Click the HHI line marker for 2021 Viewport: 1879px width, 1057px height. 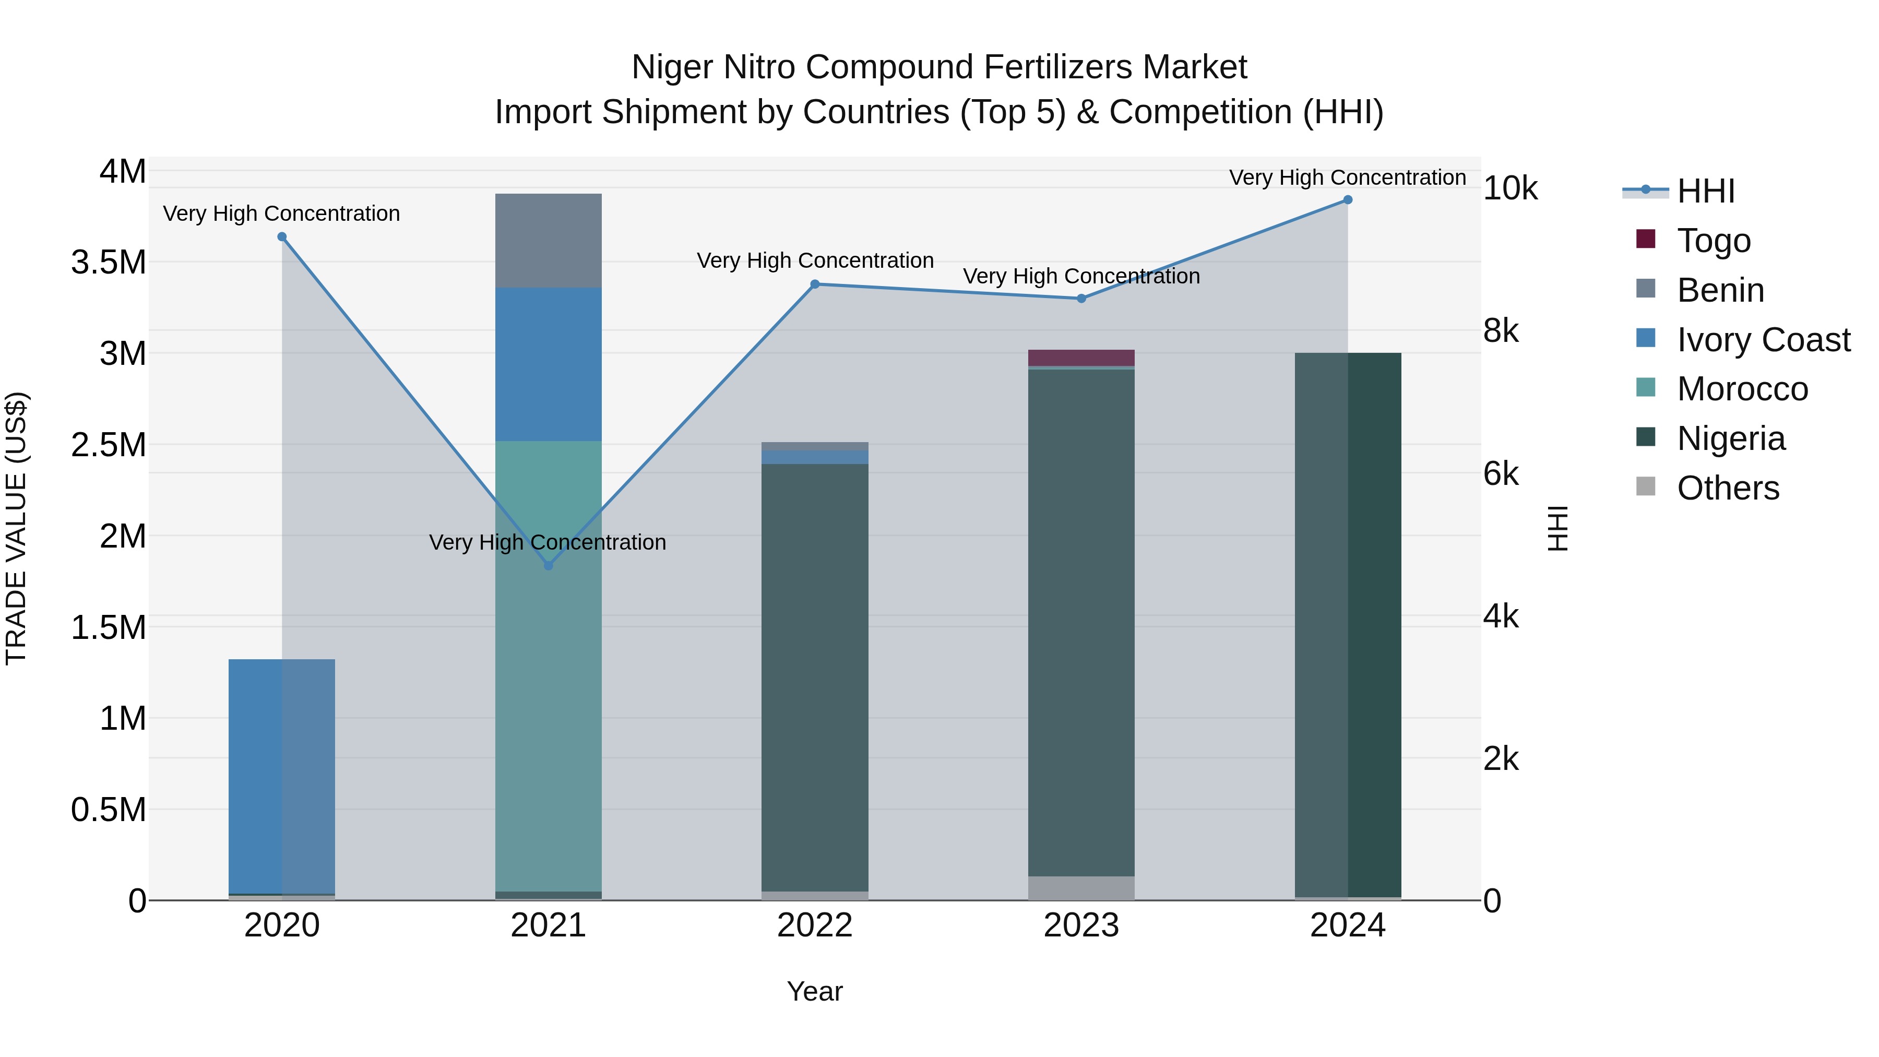(549, 565)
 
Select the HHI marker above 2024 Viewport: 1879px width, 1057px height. (1347, 200)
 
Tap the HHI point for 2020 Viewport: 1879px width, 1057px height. (282, 237)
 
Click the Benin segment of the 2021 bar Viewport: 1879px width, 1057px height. (549, 241)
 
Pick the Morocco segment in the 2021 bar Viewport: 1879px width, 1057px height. (549, 664)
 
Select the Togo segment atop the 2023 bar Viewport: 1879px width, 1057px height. (1081, 358)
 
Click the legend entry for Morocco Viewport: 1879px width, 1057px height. (1742, 389)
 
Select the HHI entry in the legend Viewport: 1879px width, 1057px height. (1705, 191)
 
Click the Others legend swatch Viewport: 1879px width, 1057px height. (1646, 486)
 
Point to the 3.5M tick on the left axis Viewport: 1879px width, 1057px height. (109, 263)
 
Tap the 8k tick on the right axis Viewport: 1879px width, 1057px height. (1501, 331)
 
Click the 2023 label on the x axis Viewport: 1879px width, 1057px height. (1081, 925)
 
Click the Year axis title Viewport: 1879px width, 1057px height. (815, 991)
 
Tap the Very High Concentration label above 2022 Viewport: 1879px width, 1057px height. (815, 260)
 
